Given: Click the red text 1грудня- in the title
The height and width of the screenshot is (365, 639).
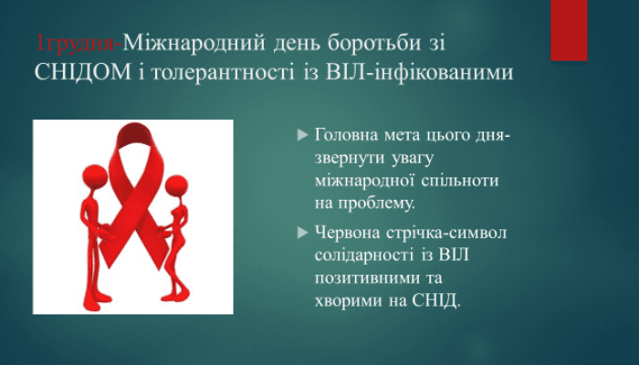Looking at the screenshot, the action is (x=79, y=44).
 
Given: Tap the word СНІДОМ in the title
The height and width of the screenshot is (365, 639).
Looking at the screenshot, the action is (x=83, y=72).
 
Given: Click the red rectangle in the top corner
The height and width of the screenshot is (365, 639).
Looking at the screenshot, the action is (x=569, y=30).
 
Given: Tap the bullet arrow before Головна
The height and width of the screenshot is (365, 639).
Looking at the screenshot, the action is (x=302, y=134).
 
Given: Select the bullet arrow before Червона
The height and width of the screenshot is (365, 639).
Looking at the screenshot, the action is (x=302, y=233).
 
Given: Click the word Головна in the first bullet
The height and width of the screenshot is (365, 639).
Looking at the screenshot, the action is (x=347, y=135).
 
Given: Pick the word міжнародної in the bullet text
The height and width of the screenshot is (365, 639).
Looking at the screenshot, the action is (x=365, y=181).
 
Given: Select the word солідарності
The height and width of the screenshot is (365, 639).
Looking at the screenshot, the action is (x=364, y=255).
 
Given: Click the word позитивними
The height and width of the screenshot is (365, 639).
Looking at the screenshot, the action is (x=365, y=278).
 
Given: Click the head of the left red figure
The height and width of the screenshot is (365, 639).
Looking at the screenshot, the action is (x=95, y=176).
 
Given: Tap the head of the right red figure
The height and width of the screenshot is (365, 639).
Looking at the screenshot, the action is (x=177, y=187).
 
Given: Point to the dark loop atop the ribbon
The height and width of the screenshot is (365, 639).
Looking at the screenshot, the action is (x=134, y=133).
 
